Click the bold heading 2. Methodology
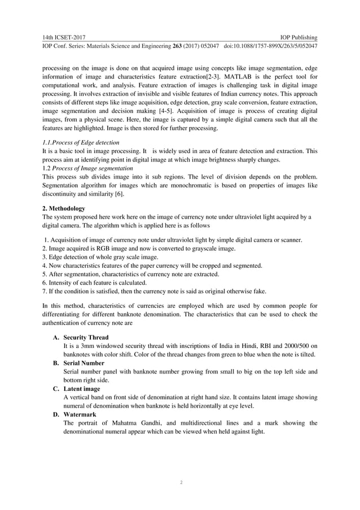[64, 208]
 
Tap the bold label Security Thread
[86, 337]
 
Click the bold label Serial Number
[84, 363]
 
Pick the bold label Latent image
[82, 389]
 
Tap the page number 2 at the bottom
[180, 483]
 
